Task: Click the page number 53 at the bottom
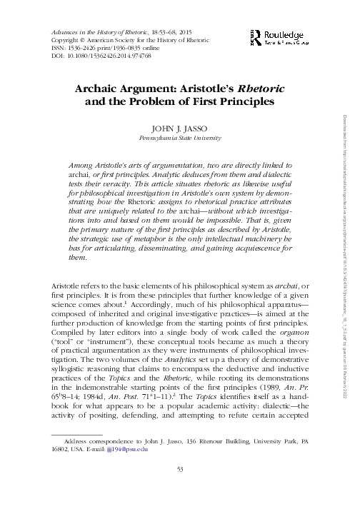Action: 180,489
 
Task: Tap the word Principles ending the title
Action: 236,101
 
